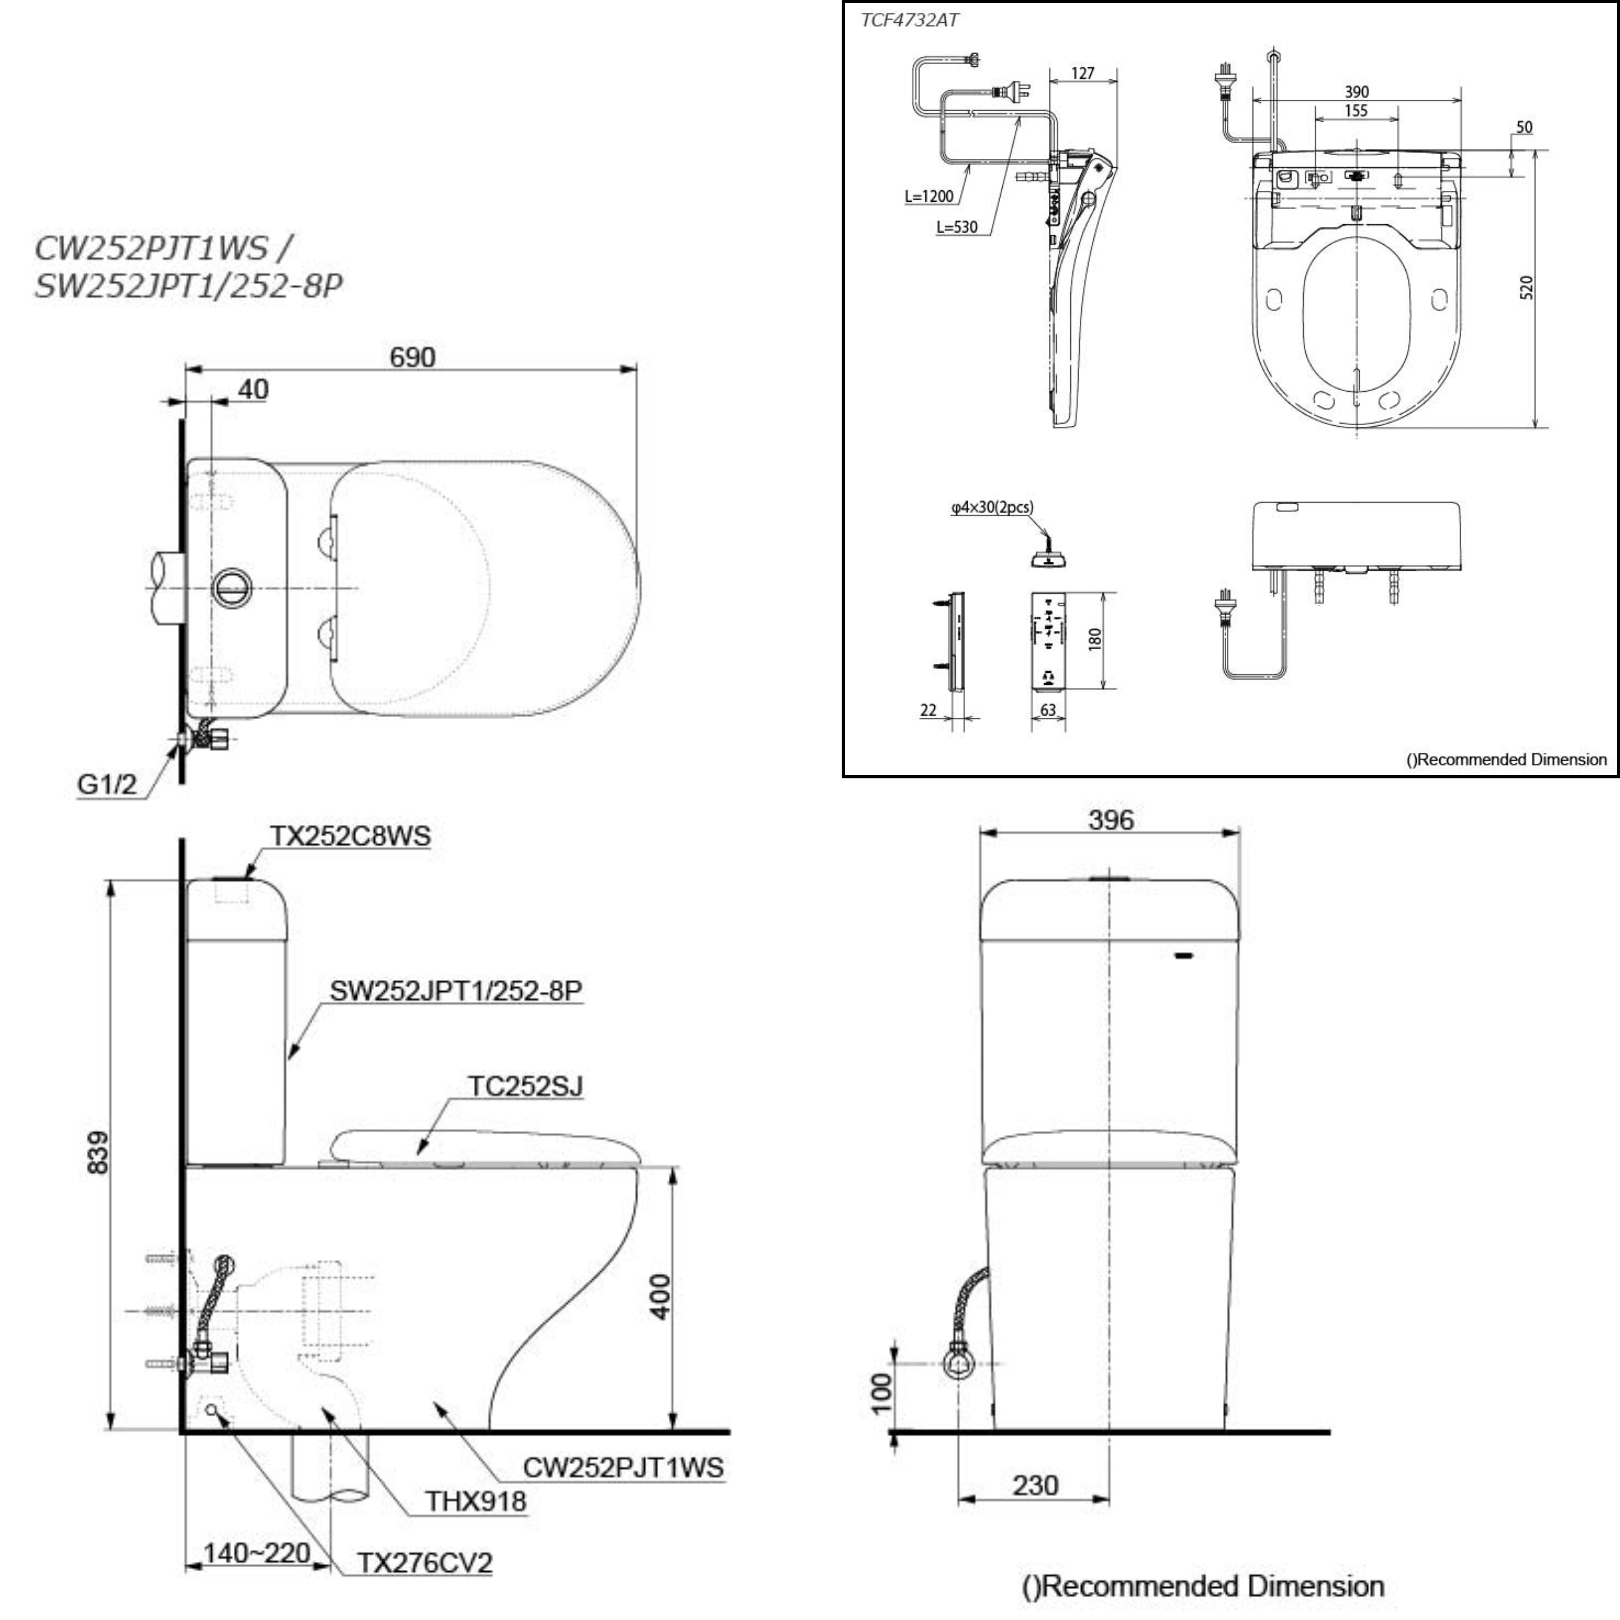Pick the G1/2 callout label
point(107,784)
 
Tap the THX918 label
point(475,1501)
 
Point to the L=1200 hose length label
point(929,196)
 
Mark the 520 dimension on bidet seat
point(1526,288)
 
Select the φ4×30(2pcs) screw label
point(992,507)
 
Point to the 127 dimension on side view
point(1083,73)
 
